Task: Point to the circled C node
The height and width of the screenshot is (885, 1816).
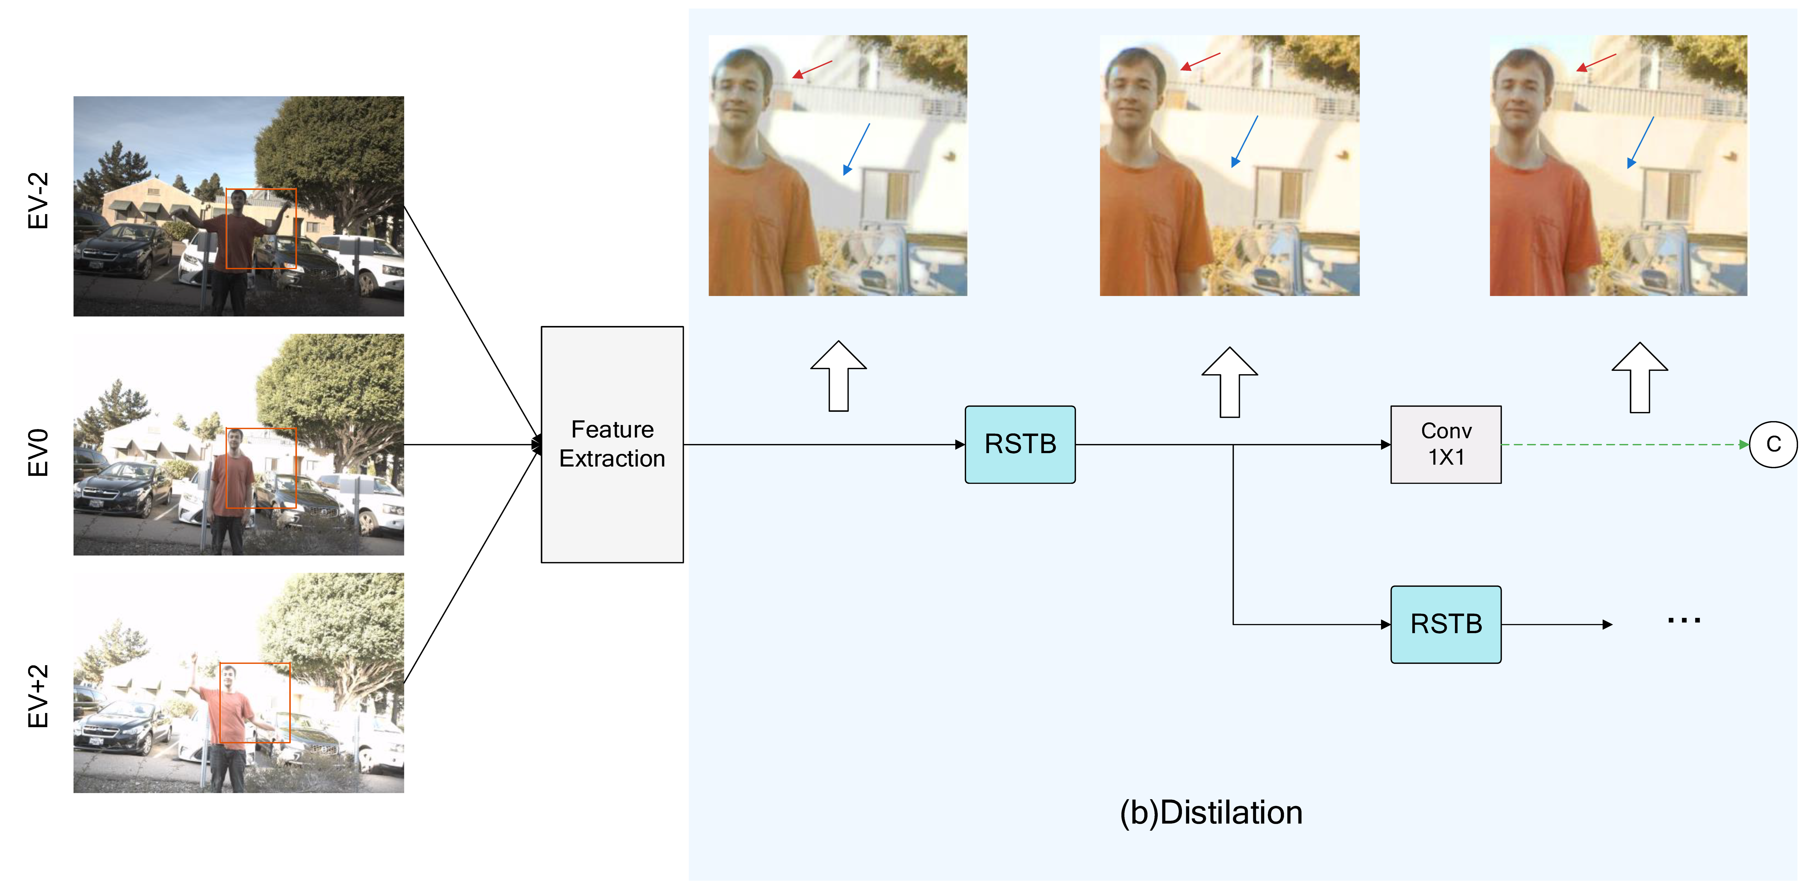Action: point(1773,444)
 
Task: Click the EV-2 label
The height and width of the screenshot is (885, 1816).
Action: point(38,201)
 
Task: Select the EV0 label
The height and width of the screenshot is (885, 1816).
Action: point(38,453)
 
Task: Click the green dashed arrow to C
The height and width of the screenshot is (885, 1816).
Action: point(1621,444)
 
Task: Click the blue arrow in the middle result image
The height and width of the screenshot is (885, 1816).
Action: point(1245,141)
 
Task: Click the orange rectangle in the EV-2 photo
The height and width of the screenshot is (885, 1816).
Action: point(261,229)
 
